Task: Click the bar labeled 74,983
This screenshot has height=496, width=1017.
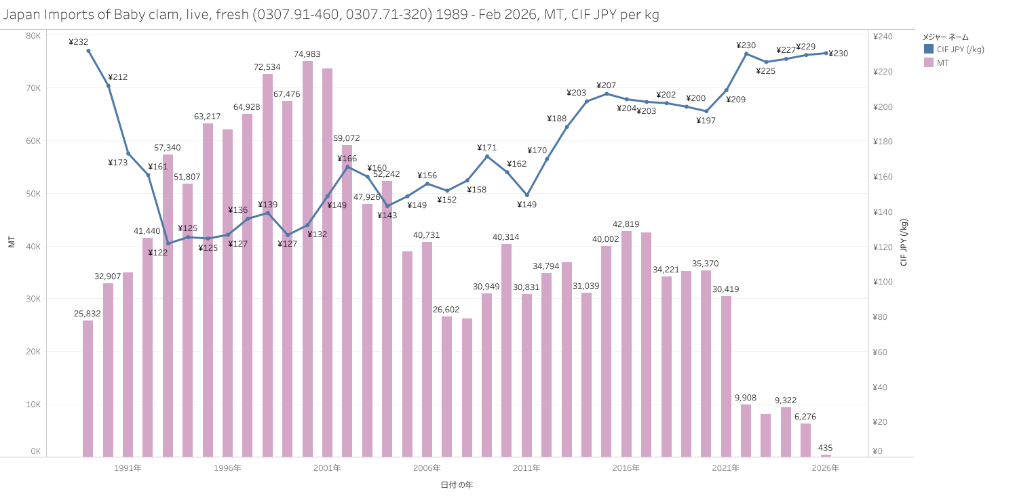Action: click(x=307, y=257)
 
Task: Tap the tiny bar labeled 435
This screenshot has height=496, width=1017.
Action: click(x=826, y=455)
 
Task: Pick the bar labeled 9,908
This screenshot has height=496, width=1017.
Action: click(x=746, y=430)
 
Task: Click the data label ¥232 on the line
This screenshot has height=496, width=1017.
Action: click(x=79, y=42)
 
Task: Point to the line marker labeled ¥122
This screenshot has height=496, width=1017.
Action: click(x=168, y=243)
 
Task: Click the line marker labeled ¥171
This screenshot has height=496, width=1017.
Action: click(x=486, y=157)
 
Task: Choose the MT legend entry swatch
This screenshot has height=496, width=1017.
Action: click(x=929, y=62)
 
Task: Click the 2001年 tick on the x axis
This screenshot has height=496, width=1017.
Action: click(x=327, y=468)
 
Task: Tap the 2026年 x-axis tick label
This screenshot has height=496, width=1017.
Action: click(x=826, y=468)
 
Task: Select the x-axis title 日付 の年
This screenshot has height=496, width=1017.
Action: click(x=456, y=484)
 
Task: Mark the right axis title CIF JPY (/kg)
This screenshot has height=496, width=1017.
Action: click(x=904, y=242)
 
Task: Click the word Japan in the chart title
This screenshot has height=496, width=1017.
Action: click(x=20, y=14)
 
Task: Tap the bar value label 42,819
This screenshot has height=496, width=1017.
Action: click(x=626, y=224)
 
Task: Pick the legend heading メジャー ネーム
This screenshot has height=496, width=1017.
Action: click(x=946, y=37)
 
